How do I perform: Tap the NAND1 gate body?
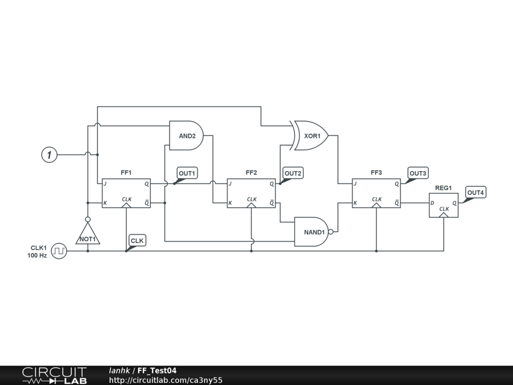tap(312, 232)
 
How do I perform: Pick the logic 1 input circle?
tap(49, 155)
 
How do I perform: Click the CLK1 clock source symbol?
tap(59, 251)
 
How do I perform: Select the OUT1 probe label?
tap(187, 173)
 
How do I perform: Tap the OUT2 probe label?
tap(293, 173)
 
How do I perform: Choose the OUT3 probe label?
tap(418, 173)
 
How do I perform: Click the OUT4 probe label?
tap(475, 192)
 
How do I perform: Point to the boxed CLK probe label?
tap(137, 241)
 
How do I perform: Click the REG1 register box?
tap(443, 205)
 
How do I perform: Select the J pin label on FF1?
tap(105, 183)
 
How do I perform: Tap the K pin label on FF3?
tap(355, 203)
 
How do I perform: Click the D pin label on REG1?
tap(432, 203)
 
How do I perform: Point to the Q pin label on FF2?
tap(272, 183)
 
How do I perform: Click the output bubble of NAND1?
tap(331, 232)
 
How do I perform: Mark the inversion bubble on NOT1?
tap(88, 219)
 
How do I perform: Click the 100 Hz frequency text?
tap(37, 256)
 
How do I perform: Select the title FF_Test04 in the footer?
tap(157, 371)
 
